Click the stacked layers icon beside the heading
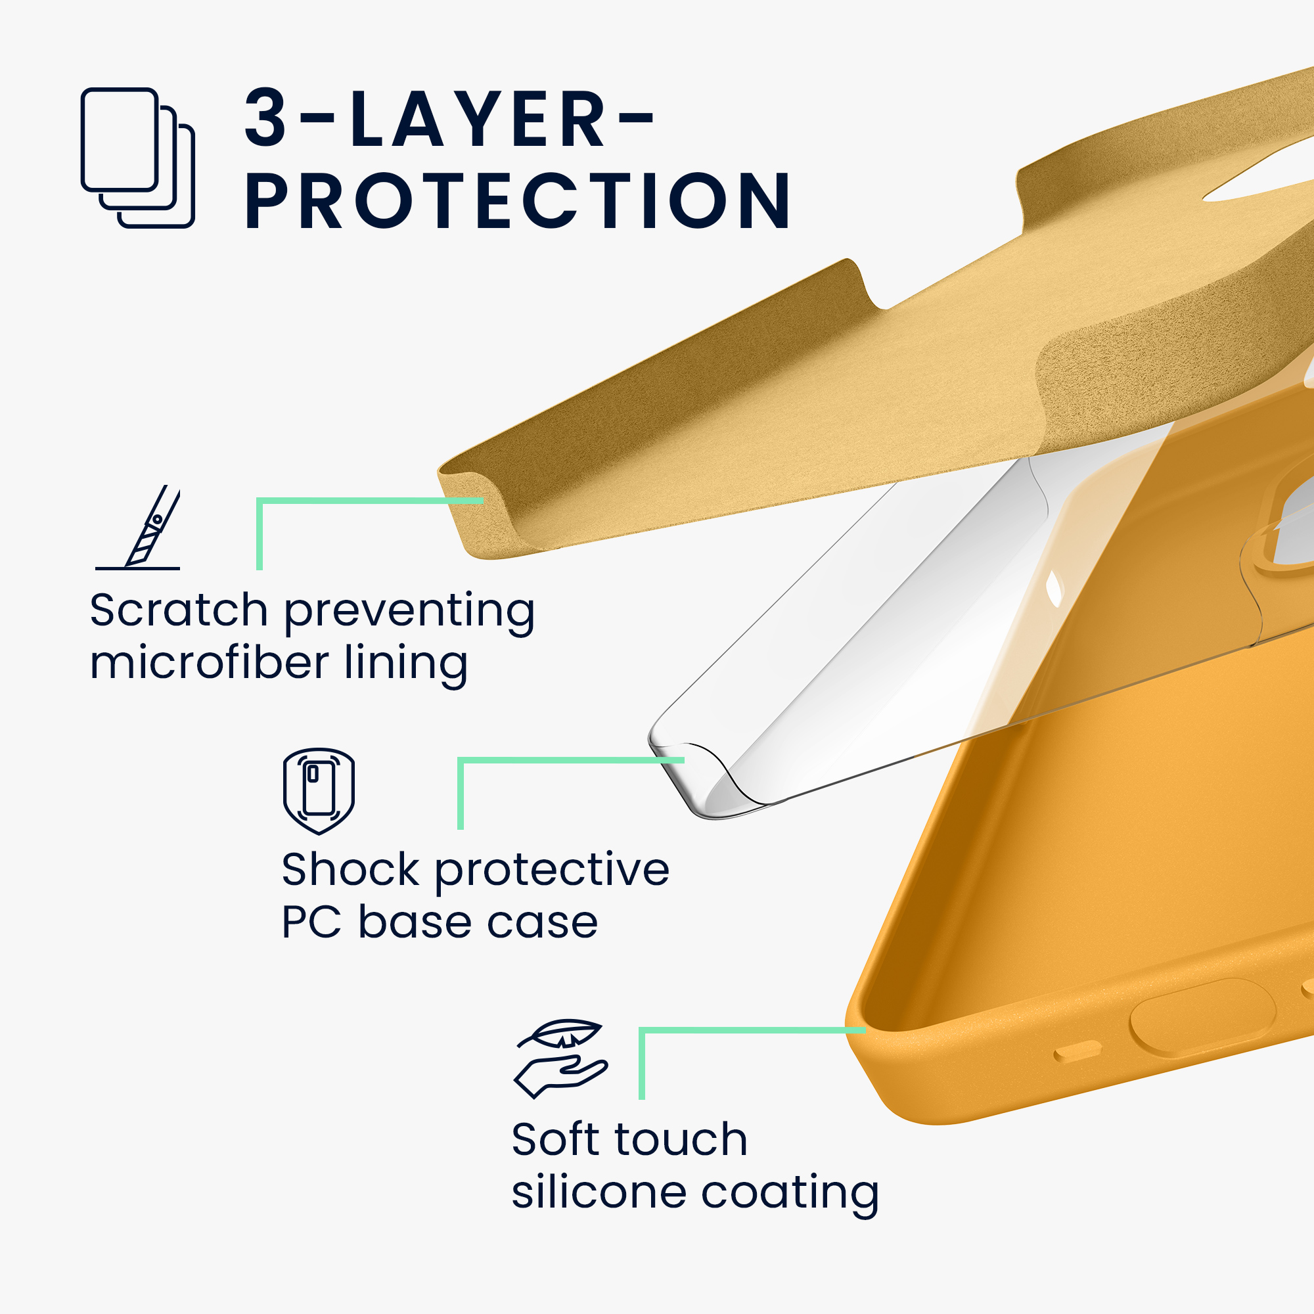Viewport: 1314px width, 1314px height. coord(137,158)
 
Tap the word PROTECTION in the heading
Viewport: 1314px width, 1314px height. coord(518,200)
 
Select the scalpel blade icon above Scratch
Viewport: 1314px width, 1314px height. coord(138,527)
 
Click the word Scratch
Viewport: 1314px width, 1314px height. coord(179,610)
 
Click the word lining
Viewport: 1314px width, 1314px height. coord(406,664)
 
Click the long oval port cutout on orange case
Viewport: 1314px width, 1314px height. coord(1202,1018)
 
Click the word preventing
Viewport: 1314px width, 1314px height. coord(409,612)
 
